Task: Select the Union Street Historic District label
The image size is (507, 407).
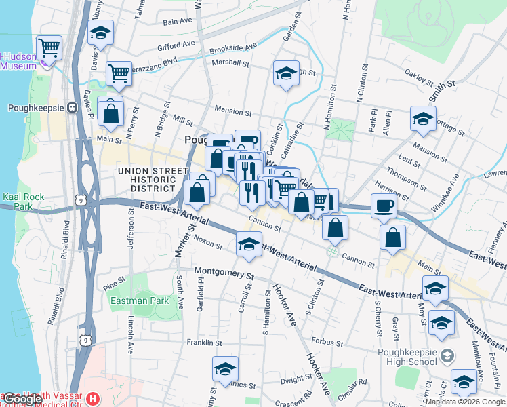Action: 153,179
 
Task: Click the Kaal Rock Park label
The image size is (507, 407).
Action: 23,201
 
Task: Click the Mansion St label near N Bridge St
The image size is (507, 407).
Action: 232,111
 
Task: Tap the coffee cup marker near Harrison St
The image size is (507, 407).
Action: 384,206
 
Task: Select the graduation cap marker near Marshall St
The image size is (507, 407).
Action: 286,73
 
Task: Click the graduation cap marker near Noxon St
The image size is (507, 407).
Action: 249,244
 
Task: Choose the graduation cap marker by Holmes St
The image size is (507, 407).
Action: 225,369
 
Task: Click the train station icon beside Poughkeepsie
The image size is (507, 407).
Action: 70,108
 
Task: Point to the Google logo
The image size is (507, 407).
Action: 22,399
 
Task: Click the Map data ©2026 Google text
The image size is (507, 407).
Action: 464,402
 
